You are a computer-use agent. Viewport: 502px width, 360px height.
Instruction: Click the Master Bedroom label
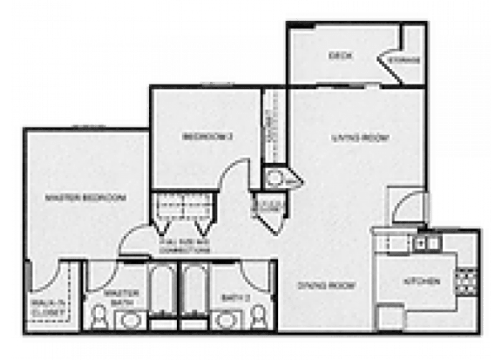pos(85,198)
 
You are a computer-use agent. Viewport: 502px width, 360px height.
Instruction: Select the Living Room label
pos(359,138)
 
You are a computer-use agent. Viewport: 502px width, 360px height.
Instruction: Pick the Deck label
pos(338,55)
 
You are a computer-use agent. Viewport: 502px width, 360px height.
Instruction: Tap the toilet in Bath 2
pos(259,318)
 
